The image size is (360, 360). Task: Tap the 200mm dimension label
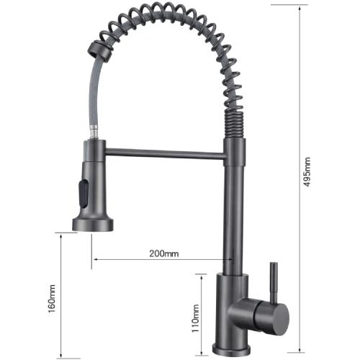pos(163,253)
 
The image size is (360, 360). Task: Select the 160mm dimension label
pos(52,300)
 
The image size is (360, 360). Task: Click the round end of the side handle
pos(277,316)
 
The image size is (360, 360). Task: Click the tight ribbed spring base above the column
pos(235,126)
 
